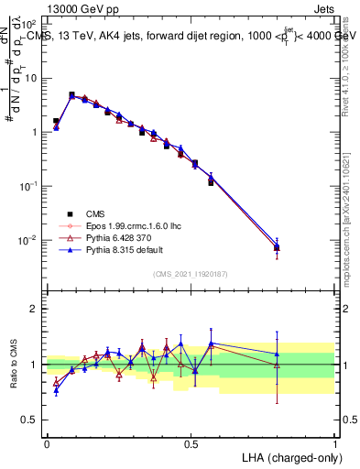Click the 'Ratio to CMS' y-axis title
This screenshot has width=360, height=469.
[13, 364]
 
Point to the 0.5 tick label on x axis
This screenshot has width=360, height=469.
[191, 442]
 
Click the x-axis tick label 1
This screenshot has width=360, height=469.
[335, 442]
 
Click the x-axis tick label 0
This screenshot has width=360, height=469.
[47, 442]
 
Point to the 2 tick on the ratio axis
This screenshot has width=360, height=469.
[33, 309]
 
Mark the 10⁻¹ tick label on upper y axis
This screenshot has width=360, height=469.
[27, 186]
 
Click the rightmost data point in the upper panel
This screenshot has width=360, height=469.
[277, 247]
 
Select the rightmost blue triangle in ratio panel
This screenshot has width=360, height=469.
[277, 354]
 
